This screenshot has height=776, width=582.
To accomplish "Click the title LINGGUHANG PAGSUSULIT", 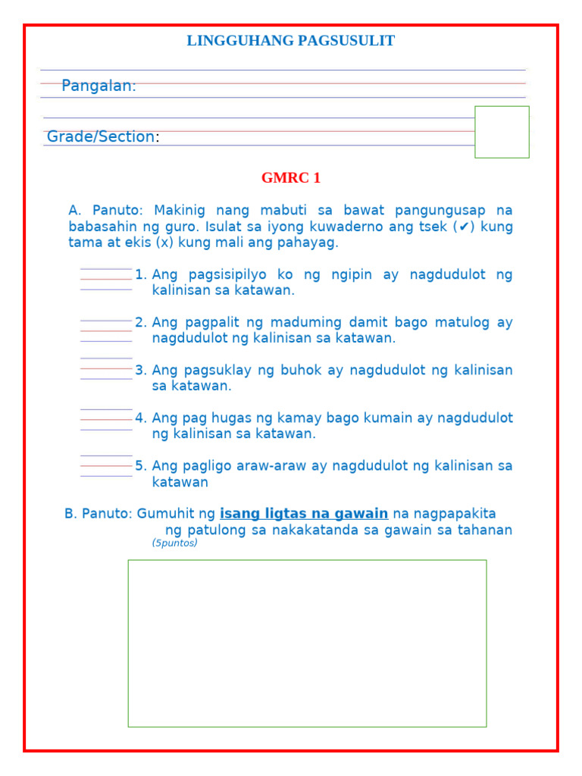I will [290, 41].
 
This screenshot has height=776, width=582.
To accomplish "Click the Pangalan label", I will [99, 86].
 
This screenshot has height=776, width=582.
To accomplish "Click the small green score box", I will [502, 132].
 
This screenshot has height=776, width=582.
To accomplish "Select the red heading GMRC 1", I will [291, 178].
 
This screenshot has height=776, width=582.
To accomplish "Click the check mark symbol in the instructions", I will [465, 227].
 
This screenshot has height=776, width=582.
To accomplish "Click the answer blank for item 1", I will [106, 279].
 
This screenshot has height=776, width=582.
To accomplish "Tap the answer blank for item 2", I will [106, 330].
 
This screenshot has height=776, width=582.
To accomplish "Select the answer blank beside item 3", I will [106, 368].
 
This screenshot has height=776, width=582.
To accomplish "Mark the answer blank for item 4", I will [106, 419].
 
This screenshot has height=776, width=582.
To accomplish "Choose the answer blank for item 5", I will [106, 466].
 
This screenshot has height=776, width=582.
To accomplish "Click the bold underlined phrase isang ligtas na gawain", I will [304, 514].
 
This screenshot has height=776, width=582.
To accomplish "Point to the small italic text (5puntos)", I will [174, 543].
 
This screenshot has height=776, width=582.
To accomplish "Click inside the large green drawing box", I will [307, 643].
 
